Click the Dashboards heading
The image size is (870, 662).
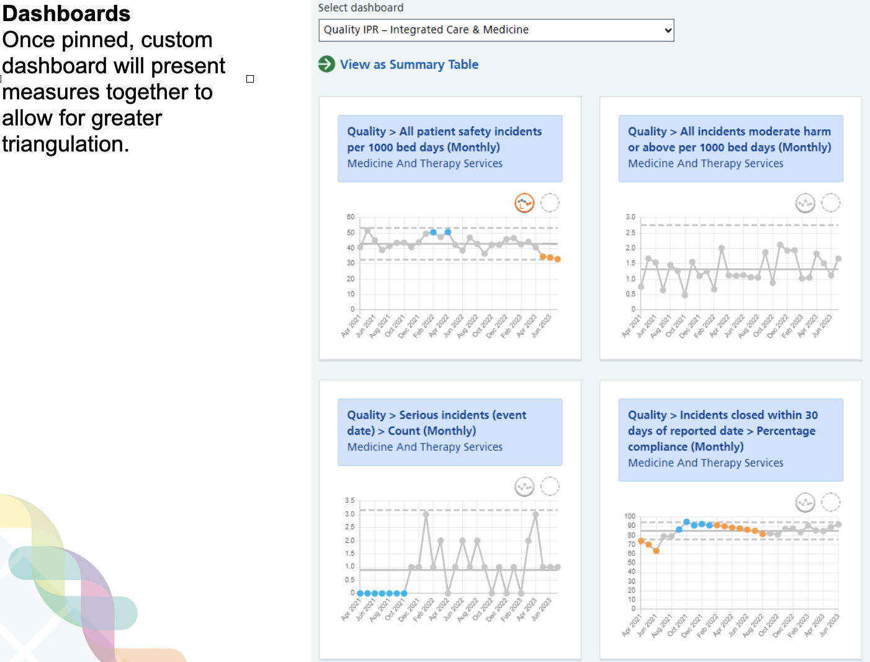tap(66, 14)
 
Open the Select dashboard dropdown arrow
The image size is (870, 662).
tap(668, 30)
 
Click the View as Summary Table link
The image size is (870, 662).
tap(409, 65)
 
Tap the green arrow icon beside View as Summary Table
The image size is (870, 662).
tap(326, 64)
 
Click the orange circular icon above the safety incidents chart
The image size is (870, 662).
tap(524, 203)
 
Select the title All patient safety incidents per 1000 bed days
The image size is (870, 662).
tap(444, 139)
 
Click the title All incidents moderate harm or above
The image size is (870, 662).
tap(729, 139)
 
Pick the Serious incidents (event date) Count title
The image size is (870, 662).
tap(437, 423)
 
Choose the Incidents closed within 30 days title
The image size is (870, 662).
tap(722, 430)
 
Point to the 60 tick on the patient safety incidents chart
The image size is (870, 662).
tap(351, 217)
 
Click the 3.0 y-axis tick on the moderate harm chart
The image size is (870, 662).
tap(630, 217)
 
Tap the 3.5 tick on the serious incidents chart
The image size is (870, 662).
tap(350, 501)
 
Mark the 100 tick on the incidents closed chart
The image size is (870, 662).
tap(630, 516)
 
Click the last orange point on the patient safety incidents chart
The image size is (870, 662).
tap(557, 260)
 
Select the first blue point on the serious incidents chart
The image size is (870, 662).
tap(361, 593)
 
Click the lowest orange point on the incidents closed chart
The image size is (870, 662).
tap(656, 551)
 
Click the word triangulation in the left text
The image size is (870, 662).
tap(65, 144)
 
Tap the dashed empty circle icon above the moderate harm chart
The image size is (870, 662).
tap(831, 203)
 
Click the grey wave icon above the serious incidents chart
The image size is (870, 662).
tap(524, 487)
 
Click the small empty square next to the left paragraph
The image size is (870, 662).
tap(250, 79)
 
